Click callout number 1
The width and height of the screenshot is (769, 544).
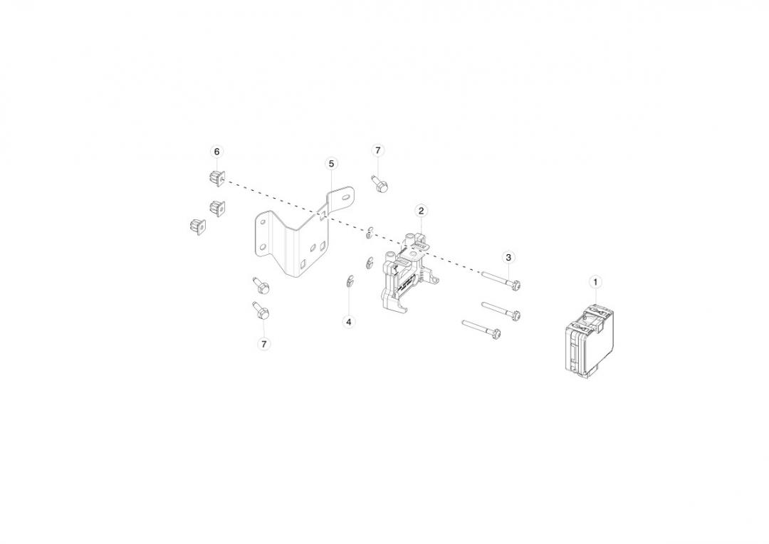coord(595,282)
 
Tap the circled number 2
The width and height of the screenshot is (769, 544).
coord(421,211)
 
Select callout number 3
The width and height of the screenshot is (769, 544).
coord(508,257)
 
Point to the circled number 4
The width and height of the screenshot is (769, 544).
coord(349,322)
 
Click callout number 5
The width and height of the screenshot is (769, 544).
coord(332,163)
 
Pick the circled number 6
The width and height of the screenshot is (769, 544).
coord(216,152)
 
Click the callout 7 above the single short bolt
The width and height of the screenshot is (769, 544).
coord(377,150)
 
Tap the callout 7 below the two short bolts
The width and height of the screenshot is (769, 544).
coord(264,344)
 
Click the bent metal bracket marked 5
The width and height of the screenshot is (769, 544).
coord(304,232)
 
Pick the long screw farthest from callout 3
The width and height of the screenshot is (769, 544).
coord(481,330)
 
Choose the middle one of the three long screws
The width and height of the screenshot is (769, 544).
coord(501,310)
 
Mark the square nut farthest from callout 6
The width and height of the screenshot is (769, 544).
coord(198,226)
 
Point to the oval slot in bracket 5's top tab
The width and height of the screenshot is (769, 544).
coord(346,197)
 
